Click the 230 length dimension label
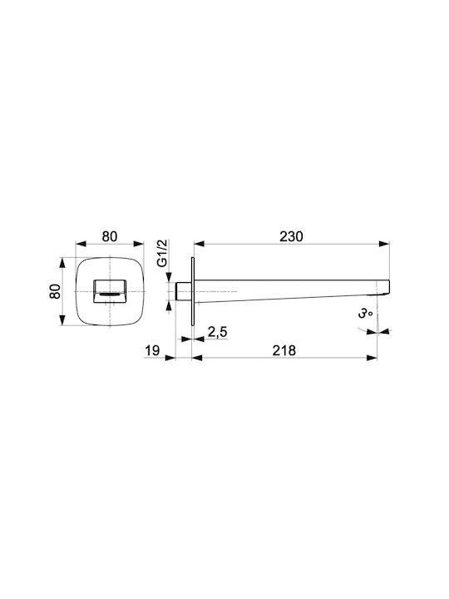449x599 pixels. coord(291,236)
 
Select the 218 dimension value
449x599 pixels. coord(284,350)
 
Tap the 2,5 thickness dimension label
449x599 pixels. coord(217,332)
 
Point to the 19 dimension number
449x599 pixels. coord(152,350)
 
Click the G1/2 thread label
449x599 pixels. coord(163,253)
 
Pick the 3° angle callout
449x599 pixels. coord(365,314)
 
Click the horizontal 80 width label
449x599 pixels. coord(110,236)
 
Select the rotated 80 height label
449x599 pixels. coord(55,291)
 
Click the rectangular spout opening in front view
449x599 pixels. coord(110,291)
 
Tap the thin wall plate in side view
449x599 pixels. coord(193,291)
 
